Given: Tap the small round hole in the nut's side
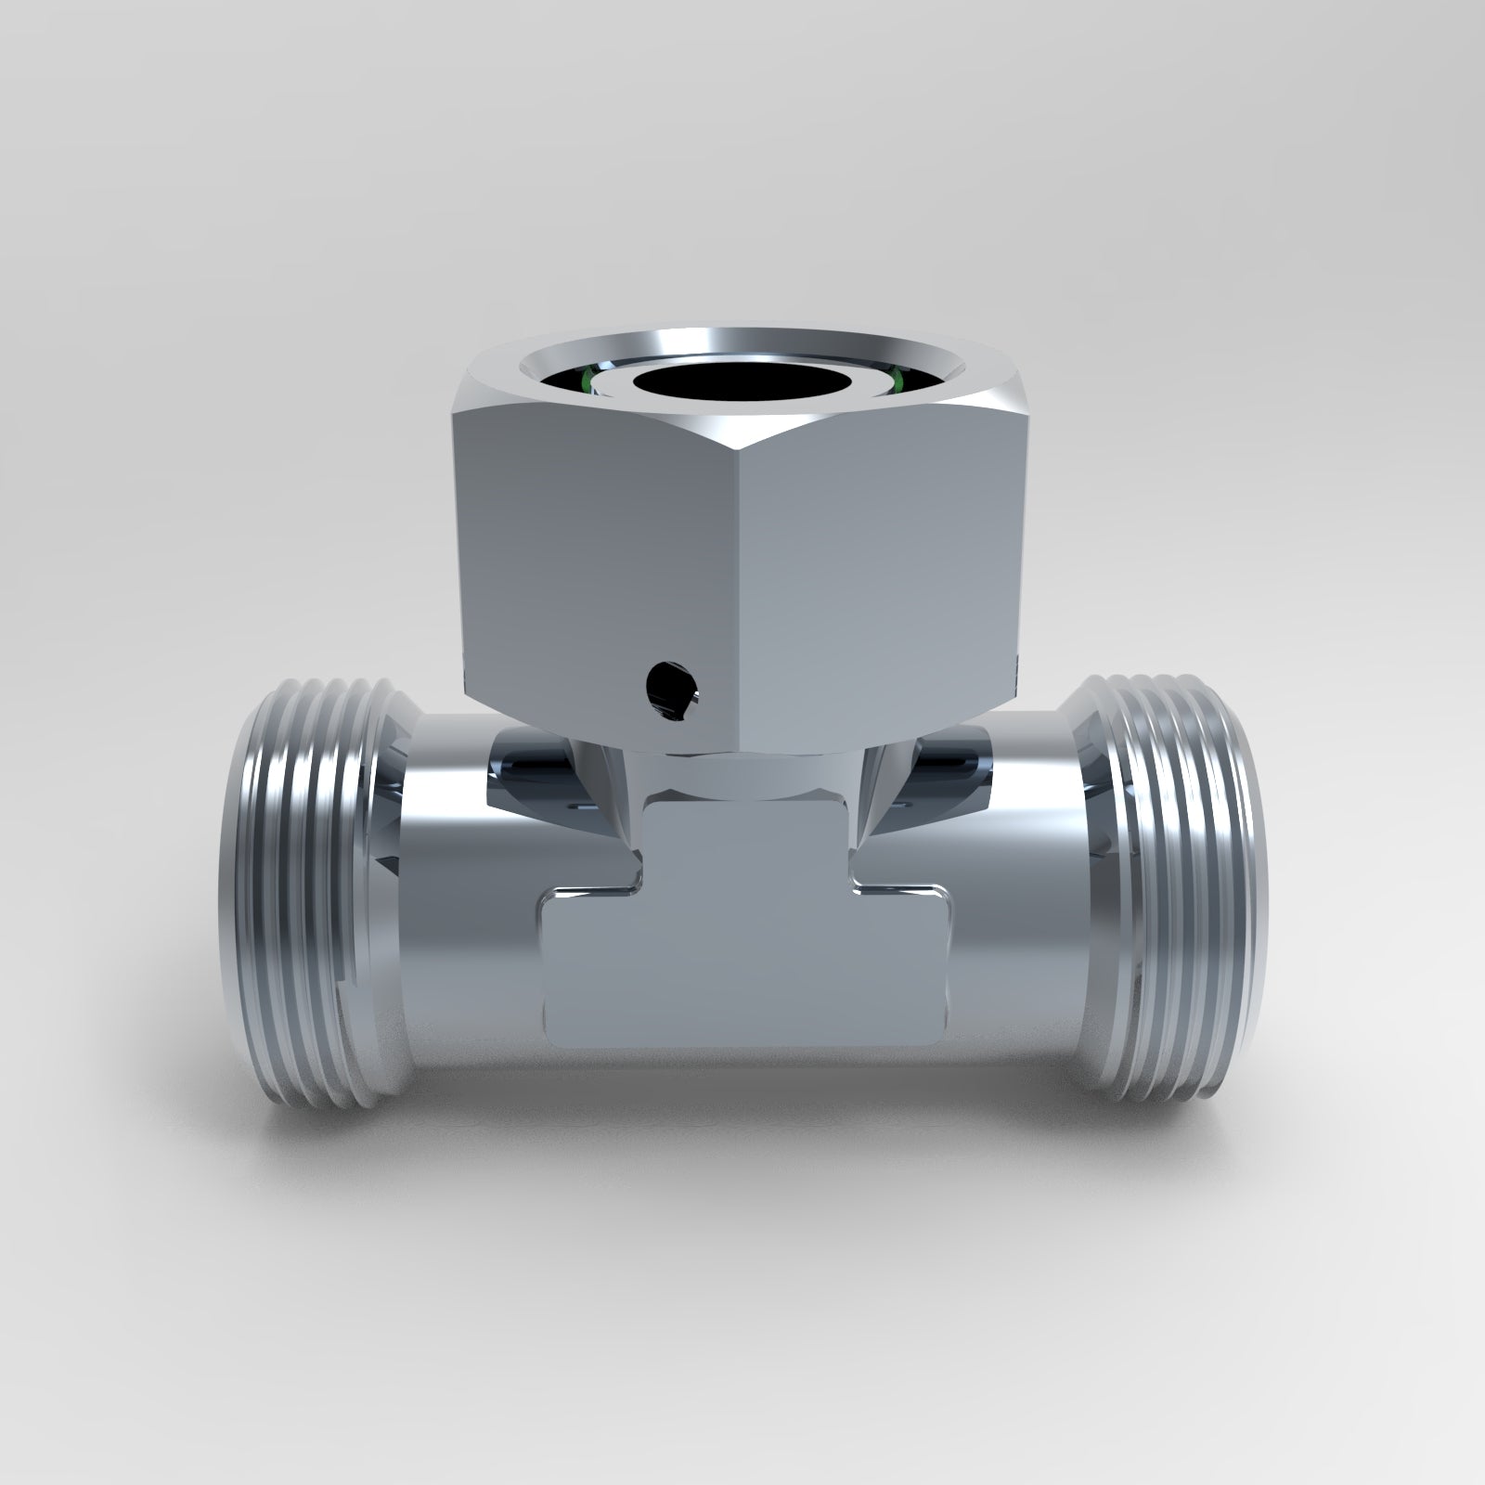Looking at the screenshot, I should [x=671, y=689].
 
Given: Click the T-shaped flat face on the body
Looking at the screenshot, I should [x=742, y=928].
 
